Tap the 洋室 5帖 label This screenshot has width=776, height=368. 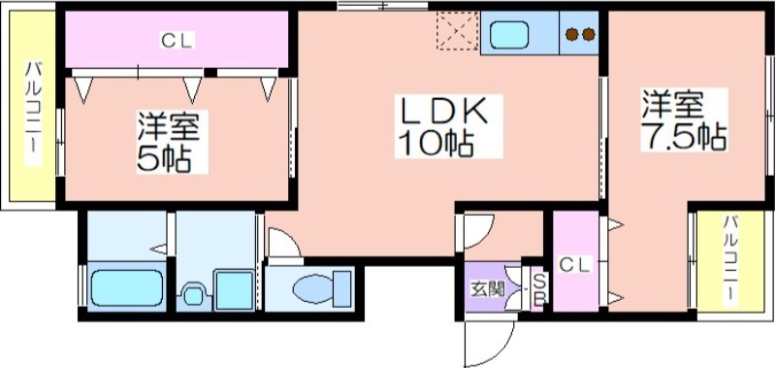click(x=169, y=142)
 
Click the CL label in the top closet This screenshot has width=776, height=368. click(x=178, y=40)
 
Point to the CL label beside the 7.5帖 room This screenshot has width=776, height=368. click(x=575, y=265)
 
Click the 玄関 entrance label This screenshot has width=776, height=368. click(x=488, y=288)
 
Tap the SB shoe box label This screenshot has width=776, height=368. click(x=539, y=288)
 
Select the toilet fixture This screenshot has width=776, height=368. click(x=321, y=288)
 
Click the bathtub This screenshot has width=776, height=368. click(x=128, y=287)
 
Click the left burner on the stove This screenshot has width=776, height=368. click(x=572, y=35)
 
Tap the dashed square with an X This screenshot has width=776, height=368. click(x=457, y=31)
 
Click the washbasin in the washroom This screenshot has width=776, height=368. click(x=193, y=296)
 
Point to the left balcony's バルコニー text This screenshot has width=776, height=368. click(x=34, y=113)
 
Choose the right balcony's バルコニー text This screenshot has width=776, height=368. click(x=730, y=260)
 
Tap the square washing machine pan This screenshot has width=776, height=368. click(x=234, y=290)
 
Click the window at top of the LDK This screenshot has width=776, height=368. click(x=382, y=7)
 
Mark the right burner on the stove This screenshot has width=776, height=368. click(x=589, y=35)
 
